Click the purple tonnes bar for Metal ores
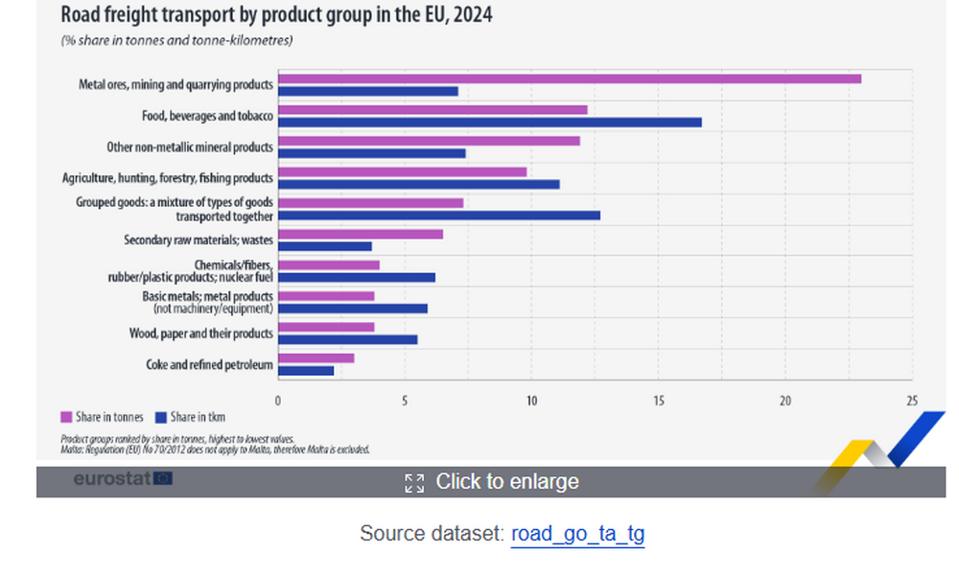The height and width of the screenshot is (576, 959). tap(569, 79)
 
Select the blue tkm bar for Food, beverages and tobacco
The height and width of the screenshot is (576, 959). tap(489, 123)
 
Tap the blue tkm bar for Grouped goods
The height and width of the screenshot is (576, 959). tap(438, 216)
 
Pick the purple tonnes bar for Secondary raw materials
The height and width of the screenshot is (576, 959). tap(360, 234)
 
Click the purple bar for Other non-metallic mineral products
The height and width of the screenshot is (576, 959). tap(428, 141)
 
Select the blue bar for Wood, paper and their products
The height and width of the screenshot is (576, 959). tap(347, 339)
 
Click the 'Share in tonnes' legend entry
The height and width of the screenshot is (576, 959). tap(103, 417)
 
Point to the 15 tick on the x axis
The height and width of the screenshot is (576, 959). tap(659, 401)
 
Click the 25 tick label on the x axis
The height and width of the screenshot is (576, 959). tap(912, 401)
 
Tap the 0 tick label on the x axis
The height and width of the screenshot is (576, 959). tap(278, 401)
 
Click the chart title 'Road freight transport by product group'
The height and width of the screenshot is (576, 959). tap(277, 15)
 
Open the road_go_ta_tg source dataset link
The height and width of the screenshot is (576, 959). tap(578, 534)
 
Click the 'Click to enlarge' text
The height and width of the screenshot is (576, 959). tap(506, 481)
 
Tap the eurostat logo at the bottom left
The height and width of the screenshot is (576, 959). tap(123, 478)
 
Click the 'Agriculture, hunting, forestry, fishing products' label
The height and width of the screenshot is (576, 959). tap(168, 178)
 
